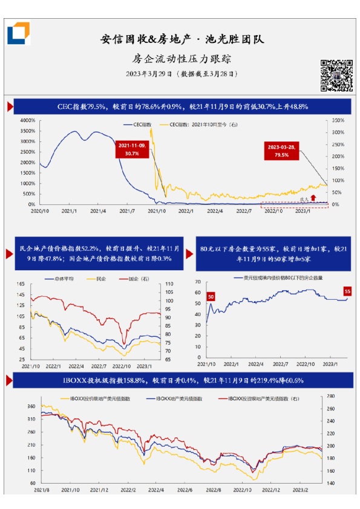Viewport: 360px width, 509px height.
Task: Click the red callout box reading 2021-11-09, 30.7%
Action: [133, 150]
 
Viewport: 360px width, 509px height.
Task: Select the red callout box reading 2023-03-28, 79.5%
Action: [282, 151]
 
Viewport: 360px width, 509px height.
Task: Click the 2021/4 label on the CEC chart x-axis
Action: [98, 211]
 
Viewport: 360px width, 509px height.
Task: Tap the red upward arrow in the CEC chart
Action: [313, 197]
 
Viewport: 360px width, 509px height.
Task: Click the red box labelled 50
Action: [211, 296]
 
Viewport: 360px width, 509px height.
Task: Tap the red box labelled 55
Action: [347, 291]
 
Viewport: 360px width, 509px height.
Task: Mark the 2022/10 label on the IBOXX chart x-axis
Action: [243, 491]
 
